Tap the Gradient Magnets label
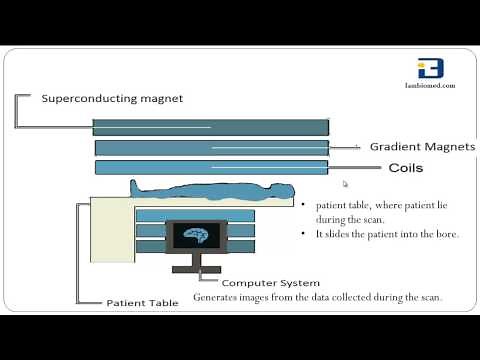click(421, 147)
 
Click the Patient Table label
click(142, 301)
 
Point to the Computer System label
click(270, 283)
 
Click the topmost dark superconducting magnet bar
click(210, 127)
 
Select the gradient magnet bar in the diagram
click(210, 148)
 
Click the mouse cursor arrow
click(345, 184)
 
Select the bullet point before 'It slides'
click(302, 234)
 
